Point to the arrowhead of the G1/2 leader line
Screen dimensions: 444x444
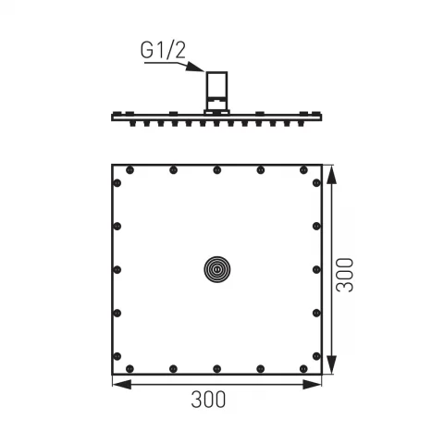[204, 74]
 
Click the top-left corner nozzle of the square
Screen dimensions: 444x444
[128, 170]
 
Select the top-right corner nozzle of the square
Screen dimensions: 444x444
[303, 170]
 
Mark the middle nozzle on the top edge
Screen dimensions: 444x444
[216, 170]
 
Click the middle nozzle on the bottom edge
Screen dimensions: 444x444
[216, 366]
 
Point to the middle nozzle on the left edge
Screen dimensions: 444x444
[117, 269]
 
